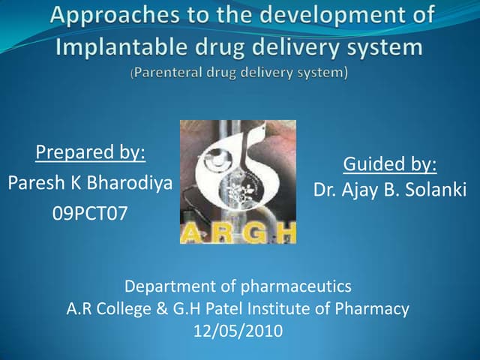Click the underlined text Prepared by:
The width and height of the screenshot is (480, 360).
click(x=90, y=153)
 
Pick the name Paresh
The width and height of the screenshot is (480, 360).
click(x=34, y=183)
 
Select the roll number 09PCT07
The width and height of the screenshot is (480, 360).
click(x=90, y=214)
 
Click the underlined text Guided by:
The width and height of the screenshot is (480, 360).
click(x=389, y=163)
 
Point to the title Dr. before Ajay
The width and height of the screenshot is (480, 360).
click(x=325, y=190)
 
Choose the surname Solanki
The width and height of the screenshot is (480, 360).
click(x=437, y=190)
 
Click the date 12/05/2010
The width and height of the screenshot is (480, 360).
click(x=238, y=330)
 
